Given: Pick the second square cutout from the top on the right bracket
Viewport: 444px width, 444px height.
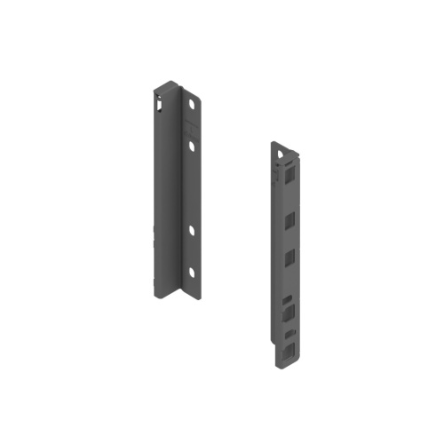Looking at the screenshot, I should click(x=289, y=219).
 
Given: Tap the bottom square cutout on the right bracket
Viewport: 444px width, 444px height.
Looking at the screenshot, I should click(x=289, y=347).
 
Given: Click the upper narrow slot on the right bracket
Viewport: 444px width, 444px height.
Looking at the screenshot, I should click(x=289, y=298).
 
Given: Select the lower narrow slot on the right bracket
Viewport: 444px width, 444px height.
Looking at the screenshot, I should click(x=289, y=331).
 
